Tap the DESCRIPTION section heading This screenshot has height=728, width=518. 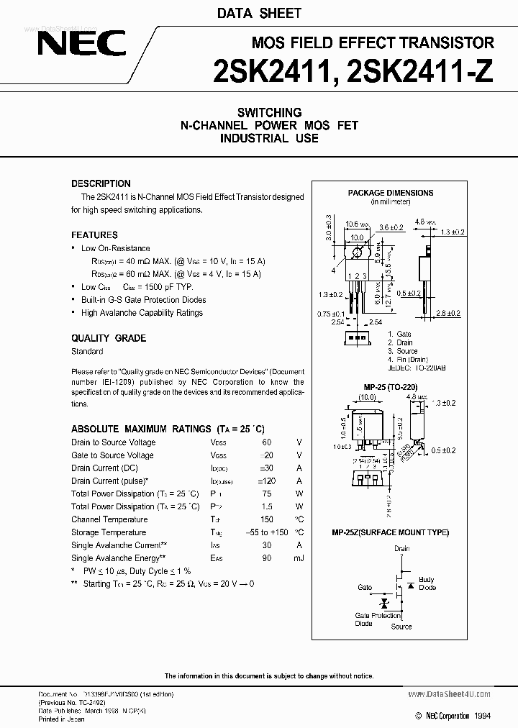[x=101, y=183]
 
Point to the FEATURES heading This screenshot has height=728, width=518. [x=94, y=235]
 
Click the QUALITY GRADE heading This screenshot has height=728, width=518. [x=108, y=338]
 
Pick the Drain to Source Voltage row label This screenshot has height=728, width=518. [x=113, y=442]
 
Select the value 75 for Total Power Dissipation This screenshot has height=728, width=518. [x=267, y=494]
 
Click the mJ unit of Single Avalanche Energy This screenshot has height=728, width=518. [x=298, y=558]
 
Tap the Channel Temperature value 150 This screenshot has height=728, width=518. [x=267, y=519]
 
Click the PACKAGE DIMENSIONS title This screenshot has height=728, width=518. [x=391, y=193]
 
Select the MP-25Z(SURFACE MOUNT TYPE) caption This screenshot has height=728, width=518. [x=390, y=532]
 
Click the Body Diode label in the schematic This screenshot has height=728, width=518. [x=427, y=583]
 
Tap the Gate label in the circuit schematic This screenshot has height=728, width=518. [x=365, y=588]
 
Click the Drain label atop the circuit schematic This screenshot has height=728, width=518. [x=401, y=549]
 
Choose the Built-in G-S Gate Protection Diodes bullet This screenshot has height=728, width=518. [x=143, y=300]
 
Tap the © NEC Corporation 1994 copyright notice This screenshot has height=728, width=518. [x=453, y=716]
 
